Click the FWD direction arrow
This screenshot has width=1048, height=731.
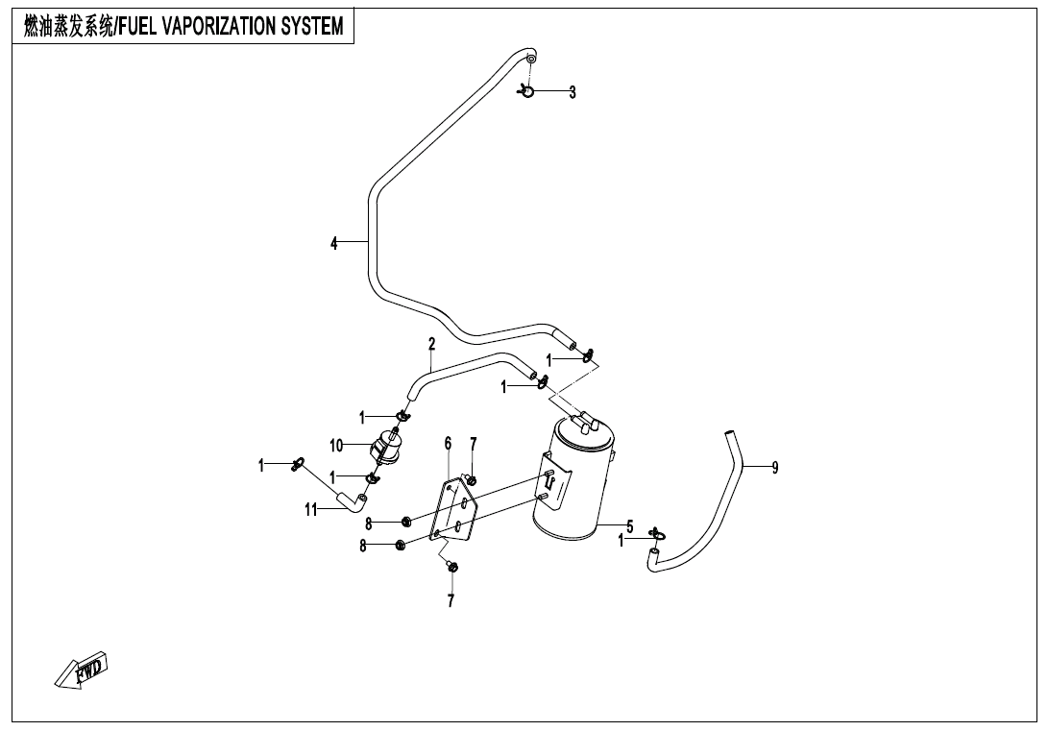tap(82, 669)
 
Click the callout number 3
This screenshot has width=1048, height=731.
tap(573, 92)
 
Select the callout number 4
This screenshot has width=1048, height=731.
tap(334, 243)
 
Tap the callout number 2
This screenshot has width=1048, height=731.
tap(432, 343)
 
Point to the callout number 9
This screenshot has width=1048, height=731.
tap(775, 468)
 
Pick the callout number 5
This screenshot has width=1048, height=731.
tap(630, 525)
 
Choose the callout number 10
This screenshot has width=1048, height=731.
tap(336, 446)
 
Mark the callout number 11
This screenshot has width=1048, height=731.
tap(311, 510)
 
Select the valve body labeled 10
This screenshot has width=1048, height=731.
tap(386, 448)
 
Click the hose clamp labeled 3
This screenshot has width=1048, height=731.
tap(526, 91)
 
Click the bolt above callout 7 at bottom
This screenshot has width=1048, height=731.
tap(452, 567)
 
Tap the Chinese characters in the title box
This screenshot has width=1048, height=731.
tap(65, 27)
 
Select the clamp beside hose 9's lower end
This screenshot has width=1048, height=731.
tap(656, 534)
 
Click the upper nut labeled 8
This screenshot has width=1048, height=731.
tap(406, 522)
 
